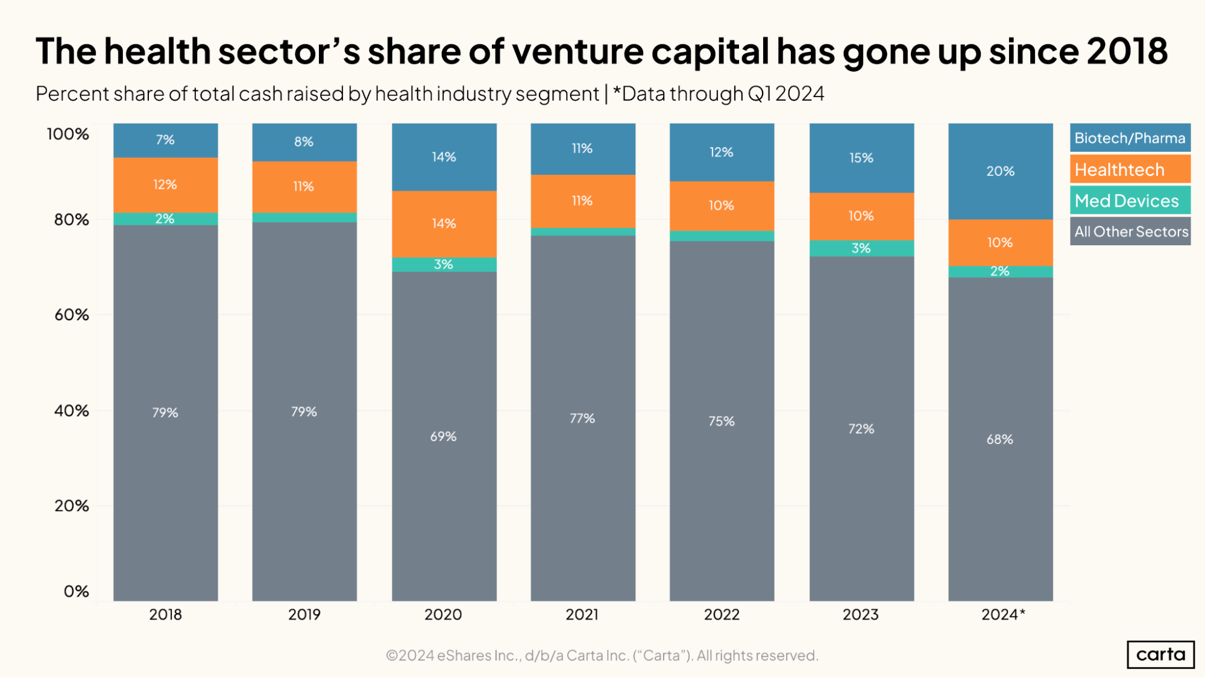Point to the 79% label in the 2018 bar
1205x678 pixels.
(165, 413)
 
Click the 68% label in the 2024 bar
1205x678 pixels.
(999, 439)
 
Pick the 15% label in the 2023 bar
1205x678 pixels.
(861, 158)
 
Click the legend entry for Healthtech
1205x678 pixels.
(1130, 170)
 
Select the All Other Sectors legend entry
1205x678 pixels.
(1130, 231)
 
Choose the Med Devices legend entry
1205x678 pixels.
(1130, 201)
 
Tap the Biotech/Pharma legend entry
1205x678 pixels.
(1130, 138)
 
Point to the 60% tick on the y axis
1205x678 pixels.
(72, 315)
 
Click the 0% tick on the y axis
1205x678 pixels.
(77, 591)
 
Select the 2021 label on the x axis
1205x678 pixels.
(582, 615)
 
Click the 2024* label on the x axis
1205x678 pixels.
(1002, 615)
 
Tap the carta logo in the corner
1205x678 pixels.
(1160, 654)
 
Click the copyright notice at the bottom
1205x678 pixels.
(602, 655)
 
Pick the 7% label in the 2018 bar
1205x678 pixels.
(165, 140)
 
